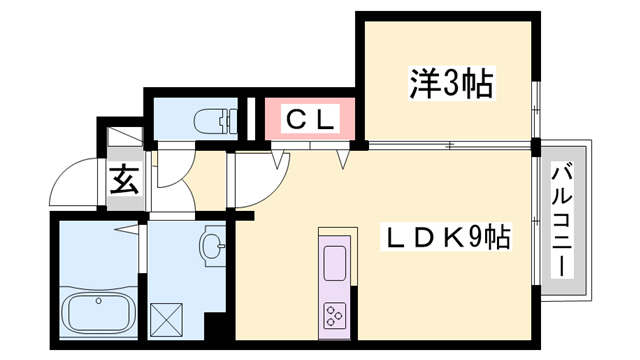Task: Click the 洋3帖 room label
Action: tap(451, 84)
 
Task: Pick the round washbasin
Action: tap(212, 243)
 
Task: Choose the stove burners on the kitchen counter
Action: tap(334, 314)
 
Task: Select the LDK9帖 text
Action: tap(451, 237)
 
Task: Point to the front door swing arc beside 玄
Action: tap(72, 182)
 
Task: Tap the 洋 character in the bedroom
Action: tap(423, 84)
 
